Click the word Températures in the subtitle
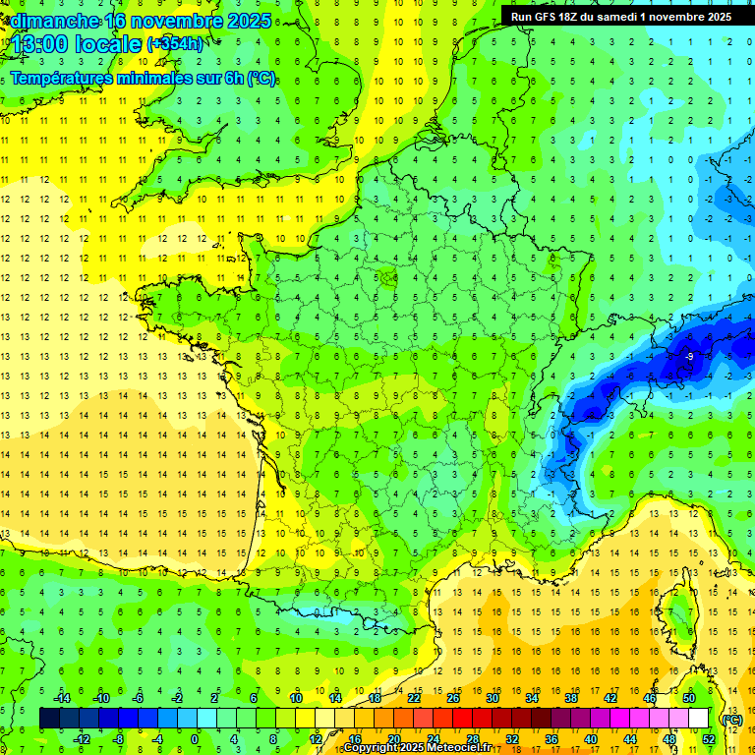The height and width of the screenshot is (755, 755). (x=65, y=79)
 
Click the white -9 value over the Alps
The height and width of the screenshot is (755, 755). (x=690, y=356)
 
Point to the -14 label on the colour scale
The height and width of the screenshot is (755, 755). (x=61, y=698)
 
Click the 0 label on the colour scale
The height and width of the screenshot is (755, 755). (x=195, y=739)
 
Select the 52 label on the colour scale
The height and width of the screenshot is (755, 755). (x=709, y=739)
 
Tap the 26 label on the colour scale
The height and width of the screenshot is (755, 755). (x=453, y=698)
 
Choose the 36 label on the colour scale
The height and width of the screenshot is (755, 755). (x=551, y=739)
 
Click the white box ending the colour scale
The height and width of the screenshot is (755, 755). (x=698, y=719)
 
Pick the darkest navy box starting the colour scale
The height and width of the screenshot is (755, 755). (x=49, y=719)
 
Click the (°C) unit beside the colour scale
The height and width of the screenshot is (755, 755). (x=731, y=719)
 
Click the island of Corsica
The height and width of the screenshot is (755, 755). (x=677, y=614)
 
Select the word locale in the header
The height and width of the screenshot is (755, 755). (x=109, y=45)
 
